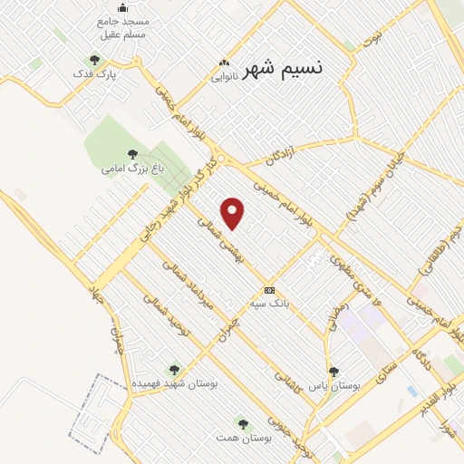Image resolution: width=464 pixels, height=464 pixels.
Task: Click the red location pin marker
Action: (x=234, y=213)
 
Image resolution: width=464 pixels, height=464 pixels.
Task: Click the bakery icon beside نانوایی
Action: (x=224, y=63)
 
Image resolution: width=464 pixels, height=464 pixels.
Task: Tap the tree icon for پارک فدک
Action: (x=93, y=60)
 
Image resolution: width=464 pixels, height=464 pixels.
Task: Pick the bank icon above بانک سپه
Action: (x=269, y=290)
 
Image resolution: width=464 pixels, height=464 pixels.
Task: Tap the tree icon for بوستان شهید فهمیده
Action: (x=174, y=369)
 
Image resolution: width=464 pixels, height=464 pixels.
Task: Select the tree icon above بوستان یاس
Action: (x=333, y=371)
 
